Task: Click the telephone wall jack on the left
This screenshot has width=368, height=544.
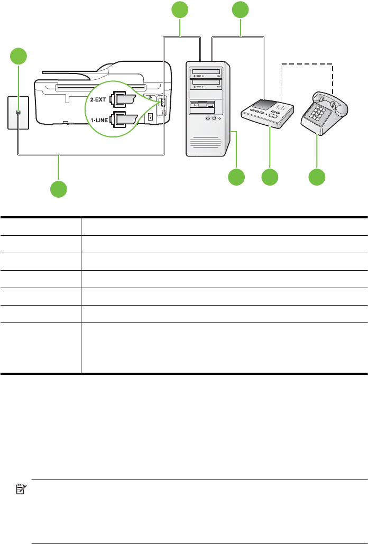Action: pyautogui.click(x=19, y=113)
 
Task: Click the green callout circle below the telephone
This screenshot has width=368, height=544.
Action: pyautogui.click(x=317, y=177)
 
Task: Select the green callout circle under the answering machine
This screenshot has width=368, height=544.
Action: pyautogui.click(x=270, y=177)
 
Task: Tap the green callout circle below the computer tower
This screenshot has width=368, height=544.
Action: pyautogui.click(x=236, y=177)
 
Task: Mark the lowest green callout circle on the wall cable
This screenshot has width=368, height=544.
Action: pyautogui.click(x=59, y=189)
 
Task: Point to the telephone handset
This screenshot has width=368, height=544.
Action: pyautogui.click(x=330, y=100)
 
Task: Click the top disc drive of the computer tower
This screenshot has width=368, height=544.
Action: pyautogui.click(x=208, y=73)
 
